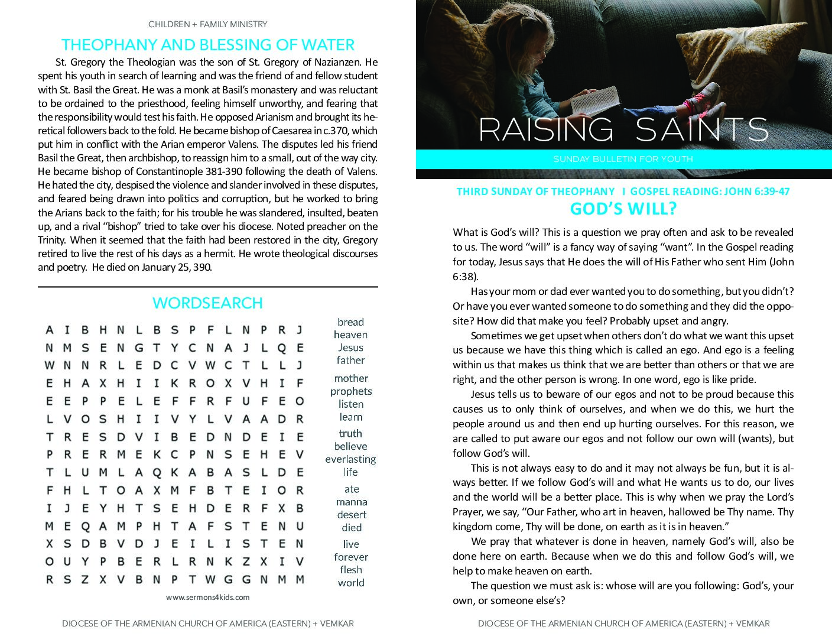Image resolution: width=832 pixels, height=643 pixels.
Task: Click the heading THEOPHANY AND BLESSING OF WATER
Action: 207,45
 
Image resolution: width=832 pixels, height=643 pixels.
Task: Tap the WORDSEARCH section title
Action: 207,303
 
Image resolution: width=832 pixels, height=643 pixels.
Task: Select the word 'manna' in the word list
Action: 351,502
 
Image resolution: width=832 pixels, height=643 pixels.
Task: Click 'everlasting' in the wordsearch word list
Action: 350,459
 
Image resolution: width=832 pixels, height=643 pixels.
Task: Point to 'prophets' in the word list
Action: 351,391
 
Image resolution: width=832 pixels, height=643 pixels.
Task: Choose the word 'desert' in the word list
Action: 352,515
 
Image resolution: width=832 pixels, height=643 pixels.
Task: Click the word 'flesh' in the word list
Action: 351,570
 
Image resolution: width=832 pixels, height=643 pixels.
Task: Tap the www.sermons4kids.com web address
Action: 207,597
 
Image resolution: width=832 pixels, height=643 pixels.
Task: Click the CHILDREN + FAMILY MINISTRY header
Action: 207,24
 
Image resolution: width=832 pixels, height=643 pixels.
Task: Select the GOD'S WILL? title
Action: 623,209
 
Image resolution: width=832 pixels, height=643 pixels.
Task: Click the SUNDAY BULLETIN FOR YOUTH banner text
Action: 623,159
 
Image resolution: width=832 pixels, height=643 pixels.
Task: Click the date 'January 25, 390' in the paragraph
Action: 177,267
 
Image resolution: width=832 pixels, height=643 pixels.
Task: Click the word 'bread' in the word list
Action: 350,322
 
